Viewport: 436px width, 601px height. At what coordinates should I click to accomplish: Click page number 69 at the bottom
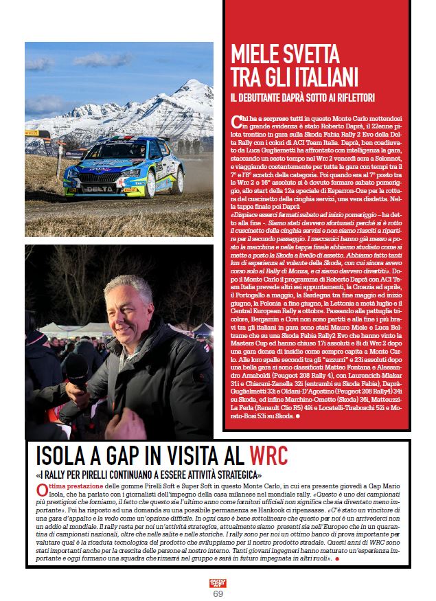(218, 593)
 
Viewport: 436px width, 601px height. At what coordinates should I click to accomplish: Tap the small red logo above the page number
(218, 582)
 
